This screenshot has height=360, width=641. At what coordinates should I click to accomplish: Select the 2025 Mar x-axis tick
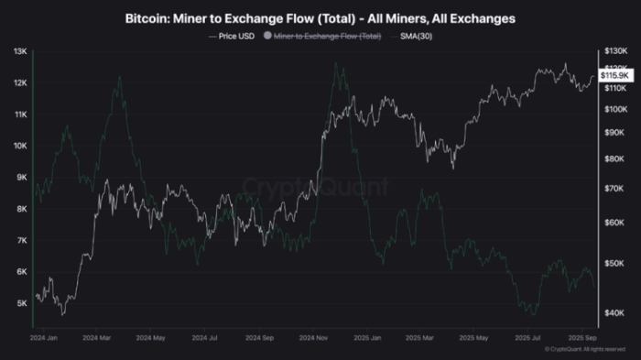pos(423,337)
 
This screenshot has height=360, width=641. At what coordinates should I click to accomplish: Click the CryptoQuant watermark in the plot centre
pos(315,189)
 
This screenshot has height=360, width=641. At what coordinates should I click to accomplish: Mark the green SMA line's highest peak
pos(336,62)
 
